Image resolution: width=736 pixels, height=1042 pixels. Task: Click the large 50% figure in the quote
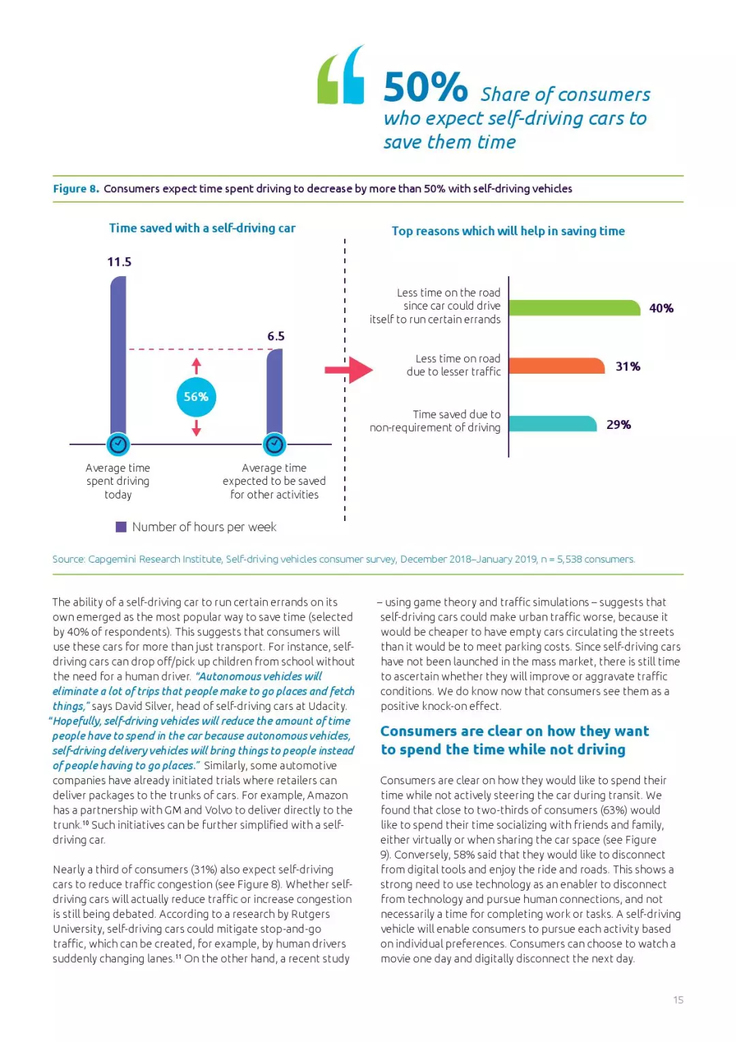pos(425,87)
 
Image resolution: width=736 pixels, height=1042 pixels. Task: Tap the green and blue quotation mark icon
pos(341,76)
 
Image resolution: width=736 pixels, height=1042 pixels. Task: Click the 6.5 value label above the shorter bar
pos(276,336)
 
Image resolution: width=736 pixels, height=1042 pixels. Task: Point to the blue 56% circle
pos(196,397)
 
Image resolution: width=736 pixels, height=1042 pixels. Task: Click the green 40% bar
pos(574,308)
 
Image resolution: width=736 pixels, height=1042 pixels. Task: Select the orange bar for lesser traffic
pos(556,366)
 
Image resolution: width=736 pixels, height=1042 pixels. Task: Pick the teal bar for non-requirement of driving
pos(552,424)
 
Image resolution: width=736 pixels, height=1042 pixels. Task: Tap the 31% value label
pos(628,366)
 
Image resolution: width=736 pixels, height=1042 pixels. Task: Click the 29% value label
pos(619,424)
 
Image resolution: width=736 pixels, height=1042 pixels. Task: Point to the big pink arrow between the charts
pos(349,370)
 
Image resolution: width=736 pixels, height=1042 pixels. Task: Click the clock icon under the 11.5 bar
pos(118,445)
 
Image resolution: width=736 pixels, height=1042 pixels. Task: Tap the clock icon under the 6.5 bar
pos(275,445)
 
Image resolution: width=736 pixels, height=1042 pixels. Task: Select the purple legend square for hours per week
pos(121,526)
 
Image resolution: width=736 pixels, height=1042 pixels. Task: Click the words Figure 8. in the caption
pos(76,189)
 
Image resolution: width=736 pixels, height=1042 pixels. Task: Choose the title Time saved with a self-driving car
pos(202,228)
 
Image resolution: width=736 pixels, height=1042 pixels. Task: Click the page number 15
pos(678,1000)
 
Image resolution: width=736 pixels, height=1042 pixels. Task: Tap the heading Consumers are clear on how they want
pos(515,731)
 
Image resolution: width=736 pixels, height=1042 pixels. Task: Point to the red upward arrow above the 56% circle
pos(196,366)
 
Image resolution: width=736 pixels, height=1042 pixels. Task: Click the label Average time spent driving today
pos(118,481)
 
